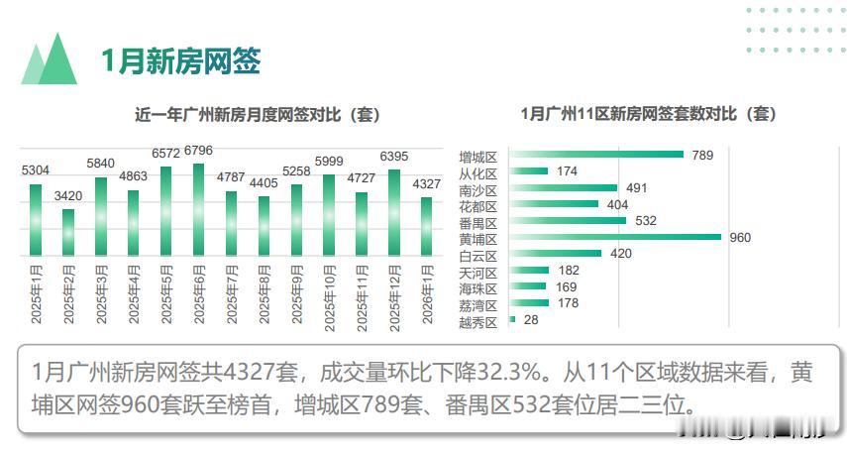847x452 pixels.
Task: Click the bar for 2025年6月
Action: pyautogui.click(x=199, y=208)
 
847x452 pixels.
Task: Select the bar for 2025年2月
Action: pyautogui.click(x=68, y=231)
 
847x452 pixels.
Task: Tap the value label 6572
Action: pyautogui.click(x=166, y=154)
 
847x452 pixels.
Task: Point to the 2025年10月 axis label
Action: pyautogui.click(x=330, y=293)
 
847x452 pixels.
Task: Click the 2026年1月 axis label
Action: pyautogui.click(x=427, y=293)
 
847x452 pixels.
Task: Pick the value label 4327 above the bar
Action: pyautogui.click(x=427, y=184)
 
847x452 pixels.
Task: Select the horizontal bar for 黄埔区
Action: pyautogui.click(x=614, y=237)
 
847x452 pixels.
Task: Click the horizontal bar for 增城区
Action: pyautogui.click(x=596, y=155)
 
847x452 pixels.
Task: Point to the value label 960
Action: pyautogui.click(x=740, y=238)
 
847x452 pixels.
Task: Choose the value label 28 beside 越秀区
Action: pyautogui.click(x=530, y=320)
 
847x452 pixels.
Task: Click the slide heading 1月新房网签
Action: pyautogui.click(x=180, y=60)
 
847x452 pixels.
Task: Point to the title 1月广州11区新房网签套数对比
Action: pyautogui.click(x=649, y=114)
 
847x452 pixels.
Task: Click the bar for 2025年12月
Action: pyautogui.click(x=394, y=212)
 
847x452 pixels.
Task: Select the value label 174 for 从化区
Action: pyautogui.click(x=568, y=171)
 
